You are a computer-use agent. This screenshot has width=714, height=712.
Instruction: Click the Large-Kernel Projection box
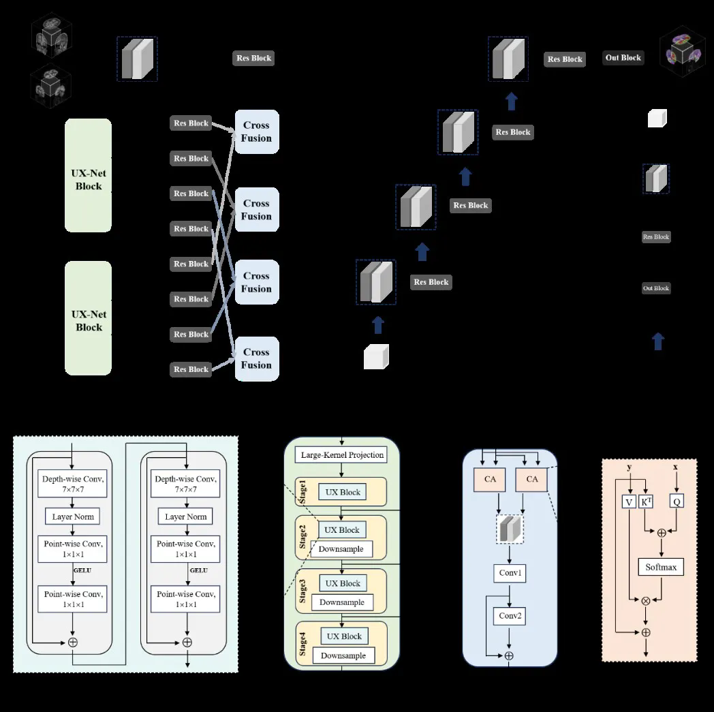pos(342,454)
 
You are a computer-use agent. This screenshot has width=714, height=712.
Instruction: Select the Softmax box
pos(660,567)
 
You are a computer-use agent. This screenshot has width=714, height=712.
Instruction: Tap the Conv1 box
pos(510,573)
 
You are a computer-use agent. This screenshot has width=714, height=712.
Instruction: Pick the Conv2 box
pos(510,616)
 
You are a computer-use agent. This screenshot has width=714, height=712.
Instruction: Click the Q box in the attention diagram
pos(676,501)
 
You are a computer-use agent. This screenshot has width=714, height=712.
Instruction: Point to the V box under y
pos(629,501)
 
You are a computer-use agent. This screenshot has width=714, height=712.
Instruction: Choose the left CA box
pos(490,479)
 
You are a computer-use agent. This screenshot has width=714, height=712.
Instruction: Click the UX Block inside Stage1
pos(342,492)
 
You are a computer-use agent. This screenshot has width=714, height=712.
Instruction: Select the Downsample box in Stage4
pos(343,655)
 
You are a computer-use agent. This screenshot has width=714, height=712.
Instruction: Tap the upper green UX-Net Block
pos(89,175)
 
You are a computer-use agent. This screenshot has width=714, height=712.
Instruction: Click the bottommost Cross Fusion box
pos(256,358)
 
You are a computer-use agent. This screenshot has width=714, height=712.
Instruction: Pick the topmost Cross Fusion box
pos(256,131)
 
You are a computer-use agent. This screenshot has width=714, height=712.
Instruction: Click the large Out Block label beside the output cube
pos(623,58)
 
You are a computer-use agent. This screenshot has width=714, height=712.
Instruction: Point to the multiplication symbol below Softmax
pos(646,600)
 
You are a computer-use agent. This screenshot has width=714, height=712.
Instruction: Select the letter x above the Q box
pos(675,467)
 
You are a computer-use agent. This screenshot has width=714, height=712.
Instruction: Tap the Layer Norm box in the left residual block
pos(72,516)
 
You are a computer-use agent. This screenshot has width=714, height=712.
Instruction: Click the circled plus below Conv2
pos(508,655)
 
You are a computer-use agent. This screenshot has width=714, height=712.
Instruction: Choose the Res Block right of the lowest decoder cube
pos(431,282)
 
